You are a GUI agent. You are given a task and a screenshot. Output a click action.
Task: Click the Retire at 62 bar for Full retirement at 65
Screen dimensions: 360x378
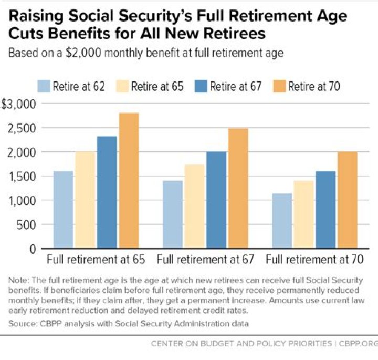(x=63, y=210)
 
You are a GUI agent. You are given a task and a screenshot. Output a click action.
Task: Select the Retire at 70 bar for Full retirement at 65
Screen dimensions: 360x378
(x=129, y=181)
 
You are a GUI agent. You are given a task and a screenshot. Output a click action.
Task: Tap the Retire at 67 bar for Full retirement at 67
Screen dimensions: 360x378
(x=216, y=200)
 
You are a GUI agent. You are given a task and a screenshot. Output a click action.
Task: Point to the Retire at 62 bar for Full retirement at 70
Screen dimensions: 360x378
(x=282, y=221)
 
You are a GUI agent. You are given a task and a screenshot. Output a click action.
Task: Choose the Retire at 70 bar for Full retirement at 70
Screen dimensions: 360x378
(x=348, y=200)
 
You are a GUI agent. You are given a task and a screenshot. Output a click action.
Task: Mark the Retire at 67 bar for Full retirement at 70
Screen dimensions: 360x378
(x=325, y=210)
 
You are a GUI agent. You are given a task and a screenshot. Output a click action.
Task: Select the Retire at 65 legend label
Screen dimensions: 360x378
(x=157, y=86)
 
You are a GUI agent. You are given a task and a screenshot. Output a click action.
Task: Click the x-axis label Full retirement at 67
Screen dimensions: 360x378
(x=205, y=260)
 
